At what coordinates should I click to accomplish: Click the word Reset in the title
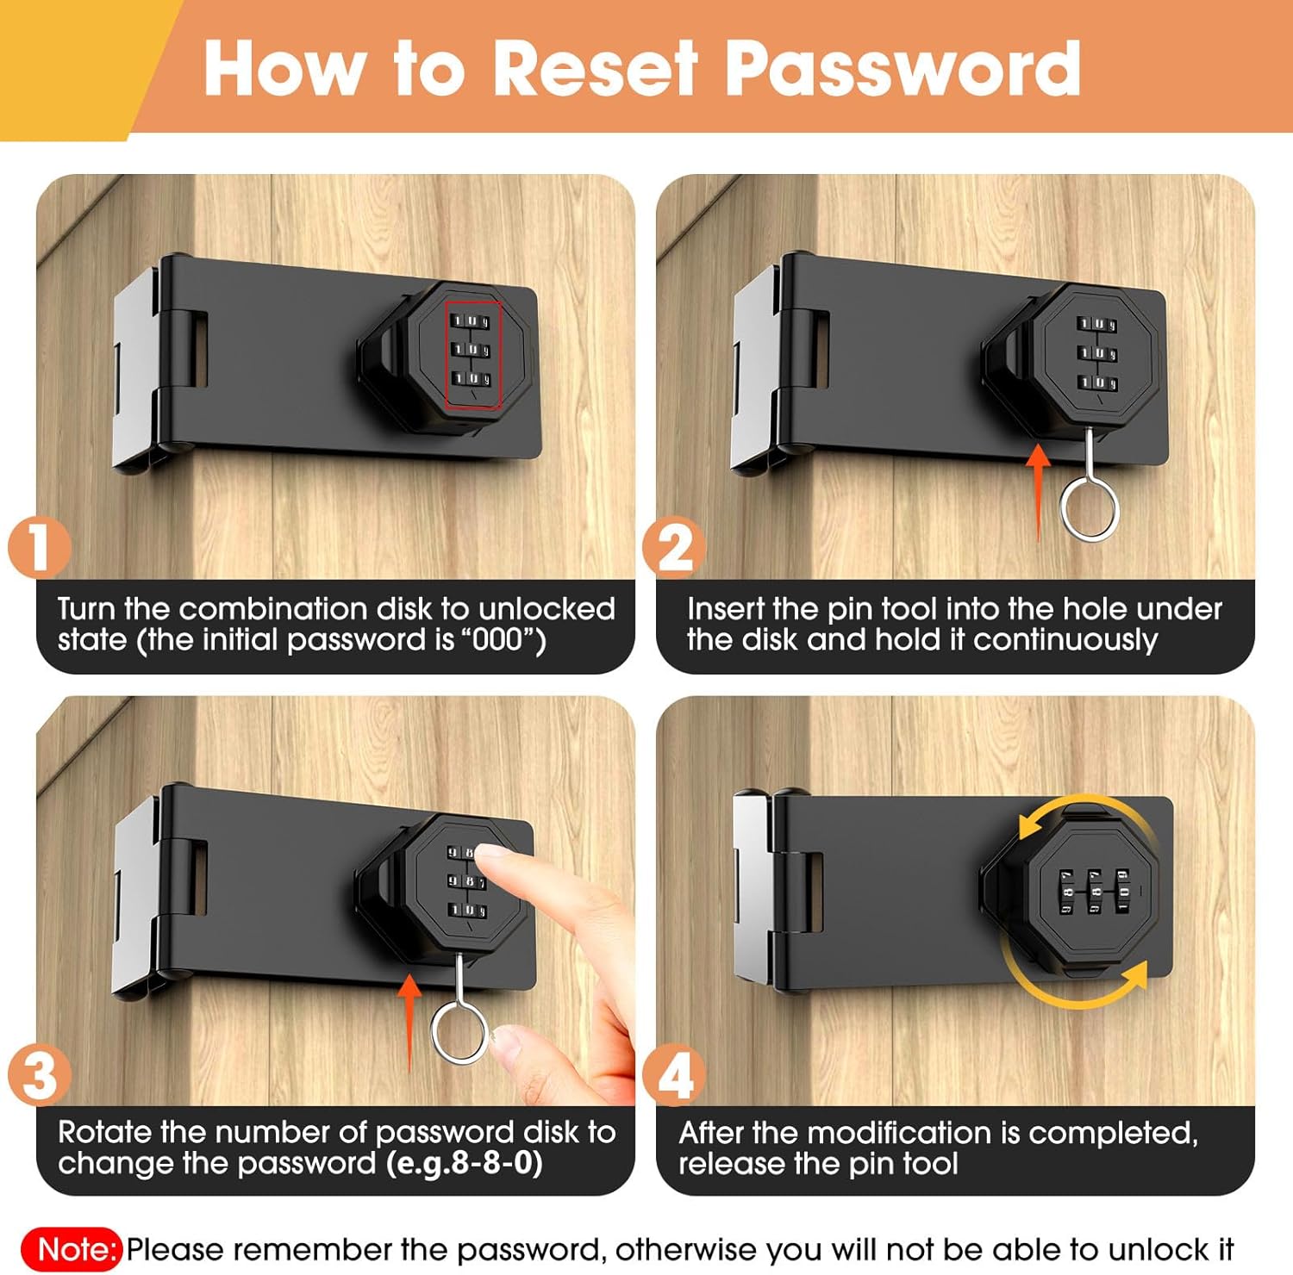pyautogui.click(x=595, y=68)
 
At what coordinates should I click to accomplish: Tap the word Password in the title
pyautogui.click(x=903, y=68)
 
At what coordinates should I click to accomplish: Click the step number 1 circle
pyautogui.click(x=39, y=546)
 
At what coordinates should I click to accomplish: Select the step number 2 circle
pyautogui.click(x=674, y=546)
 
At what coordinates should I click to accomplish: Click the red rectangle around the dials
pyautogui.click(x=446, y=353)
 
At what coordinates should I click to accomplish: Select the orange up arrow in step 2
pyautogui.click(x=1039, y=491)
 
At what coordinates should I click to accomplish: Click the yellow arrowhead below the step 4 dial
pyautogui.click(x=1135, y=976)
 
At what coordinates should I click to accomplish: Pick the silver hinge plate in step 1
pyautogui.click(x=136, y=370)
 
